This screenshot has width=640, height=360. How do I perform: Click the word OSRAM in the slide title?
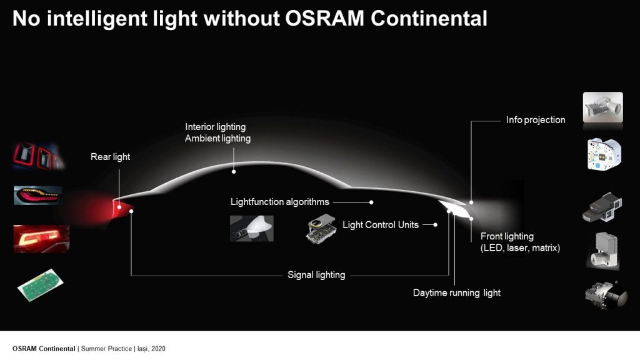pos(324,19)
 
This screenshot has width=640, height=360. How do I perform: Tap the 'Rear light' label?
pos(110,157)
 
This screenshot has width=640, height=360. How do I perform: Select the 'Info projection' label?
pos(536,120)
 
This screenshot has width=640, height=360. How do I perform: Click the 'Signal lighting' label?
pos(316,275)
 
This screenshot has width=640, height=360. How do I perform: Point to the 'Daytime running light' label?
pos(457,293)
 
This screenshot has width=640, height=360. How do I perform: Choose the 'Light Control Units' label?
pos(381,225)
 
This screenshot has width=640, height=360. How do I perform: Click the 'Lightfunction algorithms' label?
pos(279,202)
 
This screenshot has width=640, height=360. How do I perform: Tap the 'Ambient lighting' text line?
pos(217,138)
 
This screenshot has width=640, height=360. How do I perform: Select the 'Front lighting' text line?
pos(507,236)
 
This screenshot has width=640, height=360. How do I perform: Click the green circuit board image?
pos(41,284)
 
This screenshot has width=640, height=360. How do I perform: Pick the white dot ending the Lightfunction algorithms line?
pos(371,202)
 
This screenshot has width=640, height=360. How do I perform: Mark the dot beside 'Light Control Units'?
pos(436,225)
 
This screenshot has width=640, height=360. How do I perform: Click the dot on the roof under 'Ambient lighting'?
pos(234,172)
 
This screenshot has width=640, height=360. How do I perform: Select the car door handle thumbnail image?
pos(251,229)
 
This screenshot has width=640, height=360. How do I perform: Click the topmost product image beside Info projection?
pos(603,107)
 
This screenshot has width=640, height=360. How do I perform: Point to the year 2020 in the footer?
pos(158,349)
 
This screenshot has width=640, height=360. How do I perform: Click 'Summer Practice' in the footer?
pos(106,349)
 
